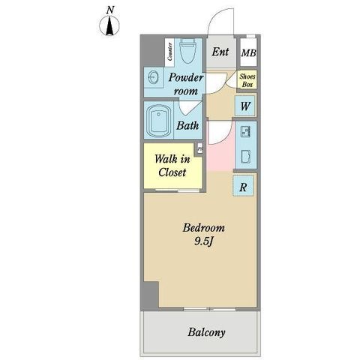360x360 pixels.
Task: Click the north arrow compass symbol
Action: (109, 25)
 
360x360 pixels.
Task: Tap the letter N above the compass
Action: (110, 10)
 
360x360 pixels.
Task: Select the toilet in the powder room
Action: (188, 51)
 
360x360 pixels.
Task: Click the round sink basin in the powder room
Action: (153, 77)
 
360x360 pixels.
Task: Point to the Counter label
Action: (169, 52)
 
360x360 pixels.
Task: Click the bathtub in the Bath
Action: (158, 121)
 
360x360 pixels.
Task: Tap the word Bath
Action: (187, 125)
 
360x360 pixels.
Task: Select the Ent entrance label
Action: (220, 52)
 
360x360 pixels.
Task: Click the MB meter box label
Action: (248, 53)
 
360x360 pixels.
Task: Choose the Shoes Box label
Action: (247, 80)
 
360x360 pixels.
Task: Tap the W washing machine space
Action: (245, 106)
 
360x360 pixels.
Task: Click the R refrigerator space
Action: (243, 187)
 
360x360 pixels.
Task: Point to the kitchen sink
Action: (245, 131)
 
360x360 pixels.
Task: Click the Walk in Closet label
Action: (172, 166)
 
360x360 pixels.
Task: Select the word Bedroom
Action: (204, 228)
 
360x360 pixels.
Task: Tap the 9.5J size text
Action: (203, 241)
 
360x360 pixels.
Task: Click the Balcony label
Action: (206, 332)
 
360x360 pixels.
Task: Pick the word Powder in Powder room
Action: (186, 77)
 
